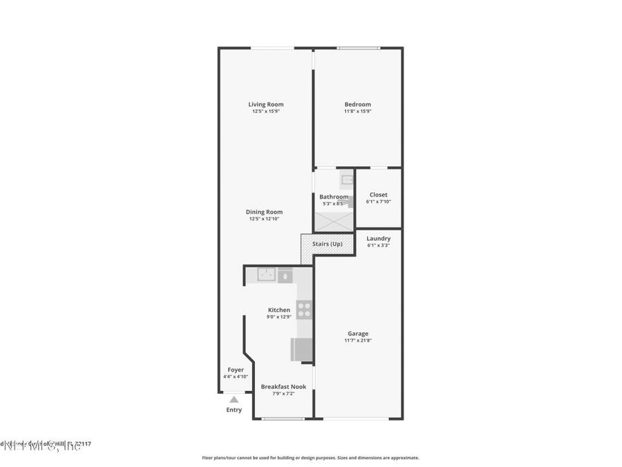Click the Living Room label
coord(266,104)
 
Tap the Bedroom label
coord(357,104)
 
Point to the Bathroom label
coord(334,197)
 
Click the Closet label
coord(378,195)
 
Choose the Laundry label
coord(378,239)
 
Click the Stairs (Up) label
coord(327,244)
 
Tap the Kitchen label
coord(279,310)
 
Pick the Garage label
coord(357,333)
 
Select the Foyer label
coord(236,370)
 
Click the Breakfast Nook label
coord(283,387)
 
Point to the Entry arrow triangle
coord(234,399)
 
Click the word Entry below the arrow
coord(234,410)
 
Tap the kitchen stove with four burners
coord(304,309)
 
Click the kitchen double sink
coord(266,275)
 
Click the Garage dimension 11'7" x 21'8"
coord(357,340)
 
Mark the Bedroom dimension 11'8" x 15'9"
coord(357,111)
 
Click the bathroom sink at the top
coord(346,180)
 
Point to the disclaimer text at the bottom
coord(310,457)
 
